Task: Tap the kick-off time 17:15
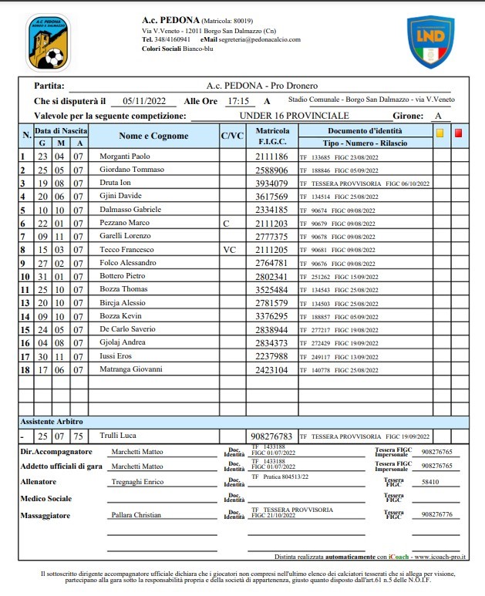pos(237,101)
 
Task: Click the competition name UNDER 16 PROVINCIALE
pos(285,116)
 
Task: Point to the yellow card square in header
pos(440,133)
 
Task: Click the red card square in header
pos(459,133)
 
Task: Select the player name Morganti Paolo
pos(125,156)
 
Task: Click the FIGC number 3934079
pos(272,183)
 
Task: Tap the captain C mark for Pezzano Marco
pos(226,223)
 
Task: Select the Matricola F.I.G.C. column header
pos(272,136)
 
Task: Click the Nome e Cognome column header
pos(153,136)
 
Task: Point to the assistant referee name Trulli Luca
pos(117,436)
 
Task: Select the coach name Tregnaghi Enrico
pos(138,481)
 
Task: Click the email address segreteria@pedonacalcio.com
pos(261,39)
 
